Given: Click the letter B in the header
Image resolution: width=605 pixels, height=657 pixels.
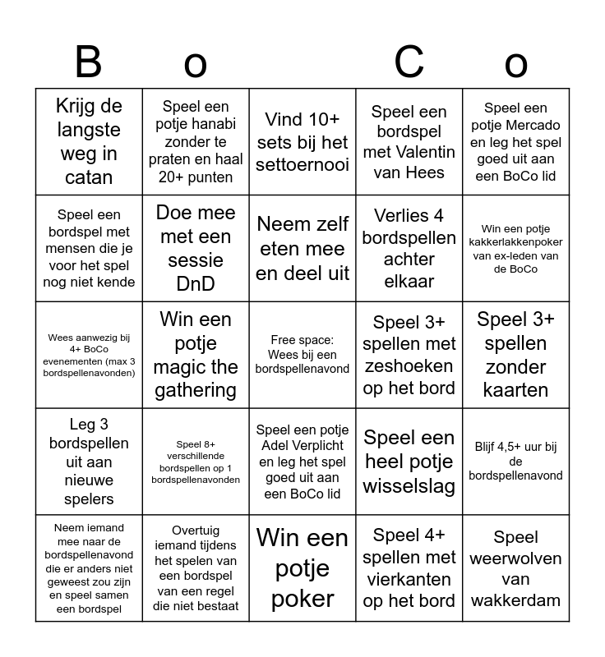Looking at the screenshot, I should (x=88, y=62).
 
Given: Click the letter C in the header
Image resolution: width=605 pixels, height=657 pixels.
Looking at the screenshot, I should (x=409, y=62).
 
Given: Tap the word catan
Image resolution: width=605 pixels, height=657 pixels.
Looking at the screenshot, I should (x=89, y=177).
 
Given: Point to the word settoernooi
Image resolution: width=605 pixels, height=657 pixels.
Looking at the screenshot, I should (x=302, y=165).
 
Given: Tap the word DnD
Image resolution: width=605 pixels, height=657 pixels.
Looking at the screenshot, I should (x=196, y=283).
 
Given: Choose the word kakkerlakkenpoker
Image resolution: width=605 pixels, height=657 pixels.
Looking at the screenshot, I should (x=515, y=242).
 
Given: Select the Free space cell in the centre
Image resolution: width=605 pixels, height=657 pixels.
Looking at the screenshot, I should (x=302, y=355).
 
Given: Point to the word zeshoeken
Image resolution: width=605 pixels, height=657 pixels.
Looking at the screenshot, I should (x=409, y=365).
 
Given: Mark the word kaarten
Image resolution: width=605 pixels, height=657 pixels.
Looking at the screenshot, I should (x=515, y=390).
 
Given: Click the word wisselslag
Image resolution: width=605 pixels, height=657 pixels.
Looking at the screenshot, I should (x=409, y=486).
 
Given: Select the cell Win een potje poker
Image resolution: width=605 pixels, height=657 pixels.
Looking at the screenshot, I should (x=302, y=568).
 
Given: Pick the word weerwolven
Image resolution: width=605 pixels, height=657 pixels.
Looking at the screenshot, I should (x=515, y=558).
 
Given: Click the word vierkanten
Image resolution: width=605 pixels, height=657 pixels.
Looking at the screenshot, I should (x=409, y=579).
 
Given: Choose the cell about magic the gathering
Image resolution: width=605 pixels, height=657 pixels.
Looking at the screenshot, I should (x=196, y=355).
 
